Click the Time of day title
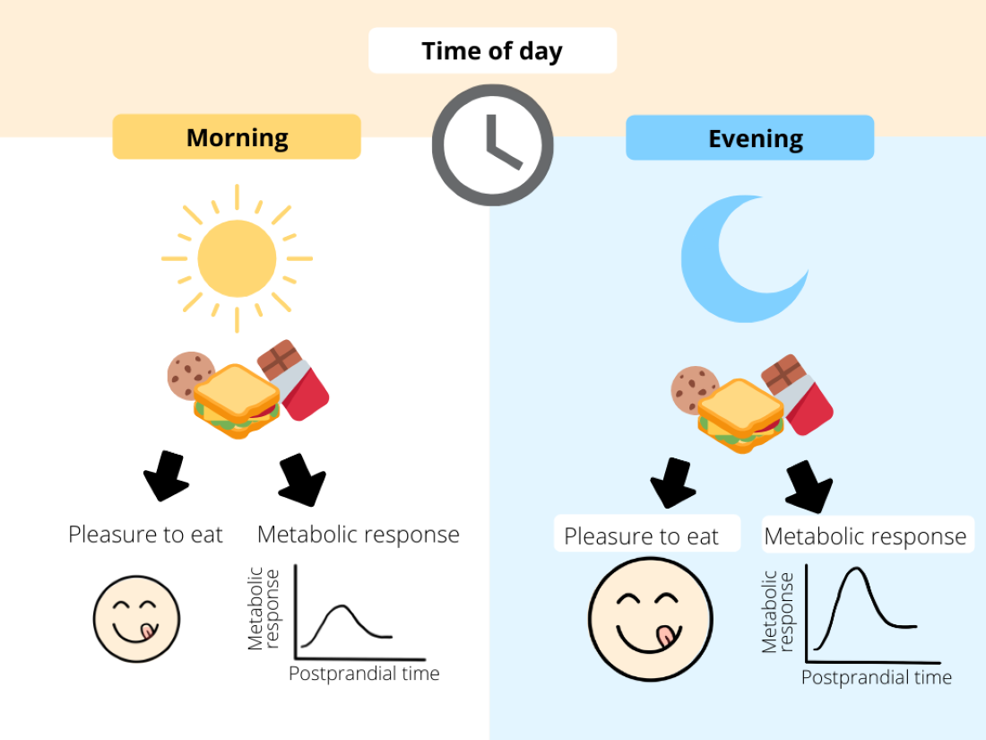tap(492, 51)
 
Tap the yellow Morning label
tap(237, 137)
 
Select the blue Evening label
tap(749, 138)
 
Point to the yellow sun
tap(237, 258)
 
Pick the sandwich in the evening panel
tap(740, 415)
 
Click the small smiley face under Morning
tap(137, 618)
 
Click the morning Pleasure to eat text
tap(145, 535)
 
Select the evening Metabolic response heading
tap(866, 536)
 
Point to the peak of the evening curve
tap(857, 569)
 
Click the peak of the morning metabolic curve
tap(341, 606)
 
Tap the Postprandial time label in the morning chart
tap(364, 673)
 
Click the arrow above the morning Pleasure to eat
tap(165, 476)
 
